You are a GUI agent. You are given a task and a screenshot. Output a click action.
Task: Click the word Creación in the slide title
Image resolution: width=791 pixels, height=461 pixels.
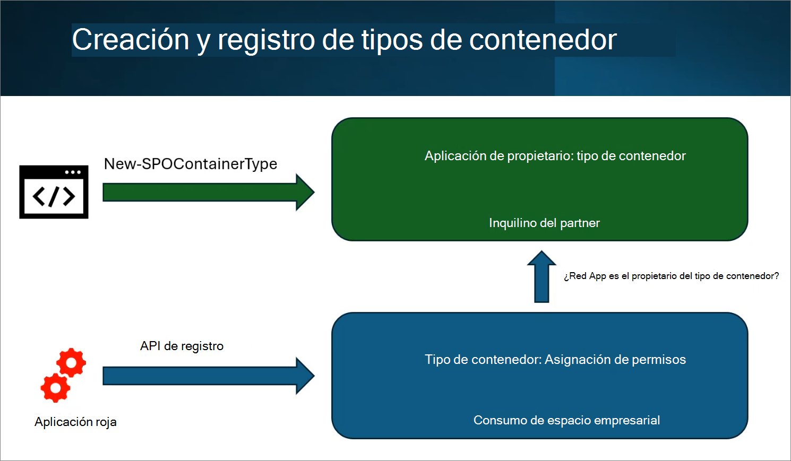tap(131, 40)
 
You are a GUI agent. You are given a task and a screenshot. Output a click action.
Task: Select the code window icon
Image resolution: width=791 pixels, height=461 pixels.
tap(54, 192)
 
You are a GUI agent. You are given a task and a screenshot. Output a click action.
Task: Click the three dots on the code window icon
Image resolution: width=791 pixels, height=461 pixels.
tap(73, 172)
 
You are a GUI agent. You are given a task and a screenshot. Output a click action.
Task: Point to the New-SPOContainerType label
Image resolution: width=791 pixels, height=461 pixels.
tap(190, 164)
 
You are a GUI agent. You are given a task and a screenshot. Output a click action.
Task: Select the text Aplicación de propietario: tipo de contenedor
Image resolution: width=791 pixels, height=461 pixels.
tap(555, 156)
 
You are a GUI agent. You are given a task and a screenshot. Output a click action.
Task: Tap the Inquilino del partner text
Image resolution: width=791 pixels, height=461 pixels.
tap(544, 223)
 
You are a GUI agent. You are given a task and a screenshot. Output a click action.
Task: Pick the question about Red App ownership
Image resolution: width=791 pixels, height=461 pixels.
tap(671, 276)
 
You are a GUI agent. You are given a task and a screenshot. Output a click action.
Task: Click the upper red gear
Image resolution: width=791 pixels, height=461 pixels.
tap(71, 363)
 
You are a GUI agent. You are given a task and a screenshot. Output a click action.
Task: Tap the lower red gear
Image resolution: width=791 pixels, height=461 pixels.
tap(55, 388)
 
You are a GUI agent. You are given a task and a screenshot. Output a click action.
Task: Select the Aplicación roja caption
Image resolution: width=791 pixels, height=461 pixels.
tap(75, 422)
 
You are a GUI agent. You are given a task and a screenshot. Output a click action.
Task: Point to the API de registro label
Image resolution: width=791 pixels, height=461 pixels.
tap(182, 346)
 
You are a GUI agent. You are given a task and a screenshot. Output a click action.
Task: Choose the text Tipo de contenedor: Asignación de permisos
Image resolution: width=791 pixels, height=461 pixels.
tap(555, 360)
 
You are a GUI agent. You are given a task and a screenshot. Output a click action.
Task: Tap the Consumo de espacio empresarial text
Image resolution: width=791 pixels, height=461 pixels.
tap(566, 420)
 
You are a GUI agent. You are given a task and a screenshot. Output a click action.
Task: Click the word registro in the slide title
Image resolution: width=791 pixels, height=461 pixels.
tap(266, 40)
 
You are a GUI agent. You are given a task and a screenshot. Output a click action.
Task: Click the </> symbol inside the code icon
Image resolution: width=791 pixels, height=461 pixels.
tap(54, 197)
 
